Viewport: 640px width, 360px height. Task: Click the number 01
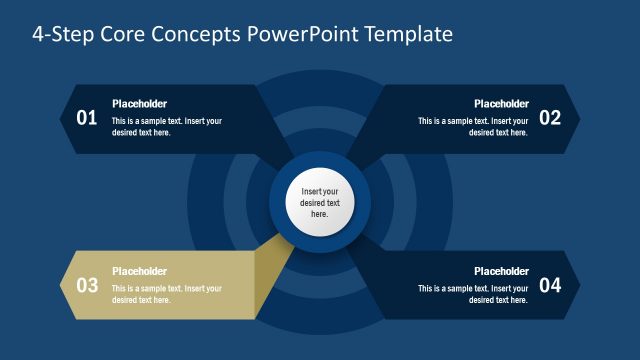click(87, 118)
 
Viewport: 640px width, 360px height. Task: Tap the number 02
click(550, 118)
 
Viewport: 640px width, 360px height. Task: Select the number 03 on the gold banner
click(87, 285)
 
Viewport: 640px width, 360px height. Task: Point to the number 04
click(550, 285)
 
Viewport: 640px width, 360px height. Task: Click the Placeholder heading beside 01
click(139, 103)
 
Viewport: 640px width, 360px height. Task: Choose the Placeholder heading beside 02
click(501, 103)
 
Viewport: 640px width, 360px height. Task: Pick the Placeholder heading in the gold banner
click(139, 270)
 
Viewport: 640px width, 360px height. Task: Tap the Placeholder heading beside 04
click(501, 270)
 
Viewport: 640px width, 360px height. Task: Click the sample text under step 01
click(166, 127)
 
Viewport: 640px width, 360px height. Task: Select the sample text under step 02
click(473, 127)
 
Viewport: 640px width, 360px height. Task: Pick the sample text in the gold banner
click(166, 294)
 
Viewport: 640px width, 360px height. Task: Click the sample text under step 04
click(473, 294)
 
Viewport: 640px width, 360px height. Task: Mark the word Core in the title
click(129, 34)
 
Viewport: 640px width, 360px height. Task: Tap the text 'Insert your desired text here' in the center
click(320, 202)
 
